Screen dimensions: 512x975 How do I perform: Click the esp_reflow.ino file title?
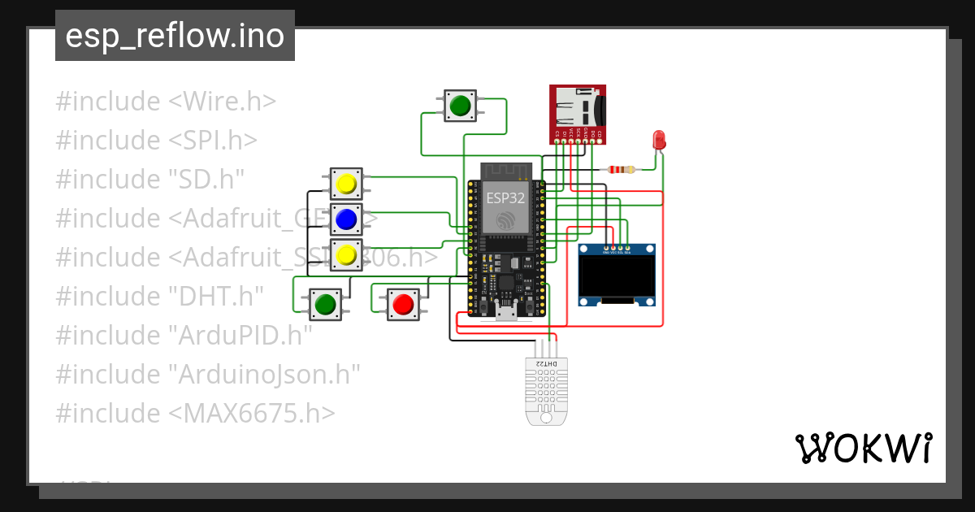click(x=175, y=36)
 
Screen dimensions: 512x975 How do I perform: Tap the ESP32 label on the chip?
click(x=505, y=197)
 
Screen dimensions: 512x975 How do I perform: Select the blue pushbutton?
click(x=346, y=219)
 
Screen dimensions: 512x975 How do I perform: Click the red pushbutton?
click(x=403, y=304)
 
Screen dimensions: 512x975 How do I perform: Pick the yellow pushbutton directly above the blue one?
click(x=346, y=184)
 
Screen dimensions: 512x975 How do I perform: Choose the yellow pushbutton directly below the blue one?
click(x=346, y=254)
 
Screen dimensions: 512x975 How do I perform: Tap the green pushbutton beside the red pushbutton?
click(x=325, y=304)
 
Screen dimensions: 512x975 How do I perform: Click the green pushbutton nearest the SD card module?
click(x=461, y=106)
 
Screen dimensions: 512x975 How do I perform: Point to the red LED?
click(x=659, y=140)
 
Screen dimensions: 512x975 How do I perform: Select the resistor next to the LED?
click(x=621, y=170)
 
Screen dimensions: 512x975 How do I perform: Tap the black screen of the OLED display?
click(x=617, y=277)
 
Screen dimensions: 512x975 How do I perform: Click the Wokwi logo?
click(x=863, y=449)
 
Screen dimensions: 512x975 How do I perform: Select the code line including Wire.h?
click(x=166, y=102)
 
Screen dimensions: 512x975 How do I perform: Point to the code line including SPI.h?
click(x=157, y=141)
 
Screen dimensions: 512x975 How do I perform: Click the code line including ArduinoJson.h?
click(x=208, y=375)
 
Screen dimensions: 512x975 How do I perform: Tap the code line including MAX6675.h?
click(x=195, y=414)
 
